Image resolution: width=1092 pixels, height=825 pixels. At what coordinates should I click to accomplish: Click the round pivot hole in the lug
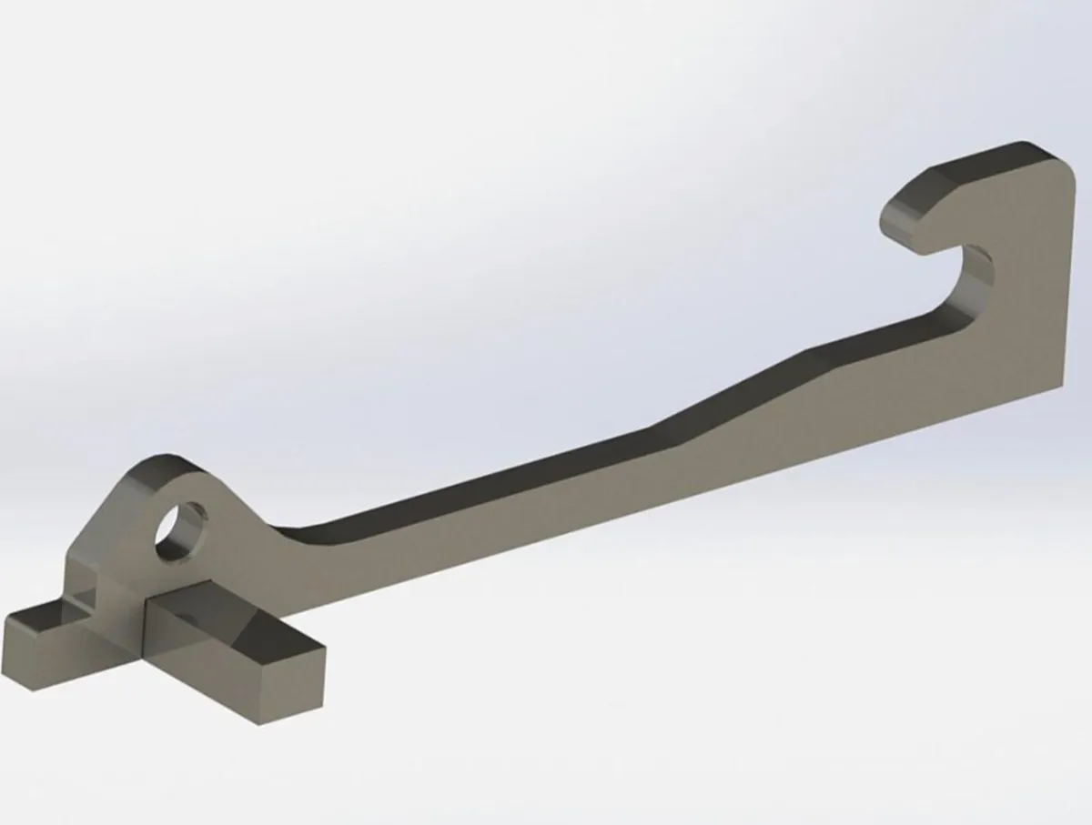pyautogui.click(x=179, y=529)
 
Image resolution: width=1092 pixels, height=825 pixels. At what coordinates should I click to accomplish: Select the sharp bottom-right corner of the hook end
pyautogui.click(x=1061, y=383)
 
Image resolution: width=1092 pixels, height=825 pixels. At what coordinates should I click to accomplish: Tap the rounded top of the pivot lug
pyautogui.click(x=164, y=464)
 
